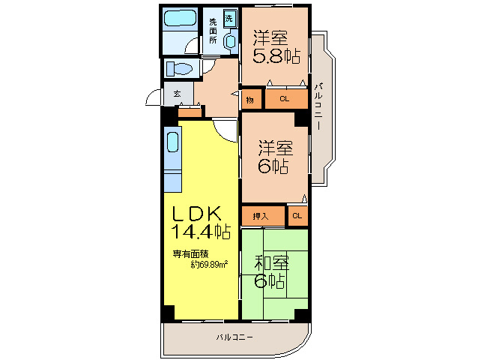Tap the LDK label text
pos(196,212)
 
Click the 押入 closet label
pos(258,216)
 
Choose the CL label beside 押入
pos(297,216)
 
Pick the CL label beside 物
pos(285,99)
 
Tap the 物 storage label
pos(249,99)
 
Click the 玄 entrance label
pos(178,94)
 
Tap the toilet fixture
pos(181,69)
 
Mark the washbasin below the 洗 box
pos(229,42)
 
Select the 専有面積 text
pos(191,253)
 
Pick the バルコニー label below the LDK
pos(233,337)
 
